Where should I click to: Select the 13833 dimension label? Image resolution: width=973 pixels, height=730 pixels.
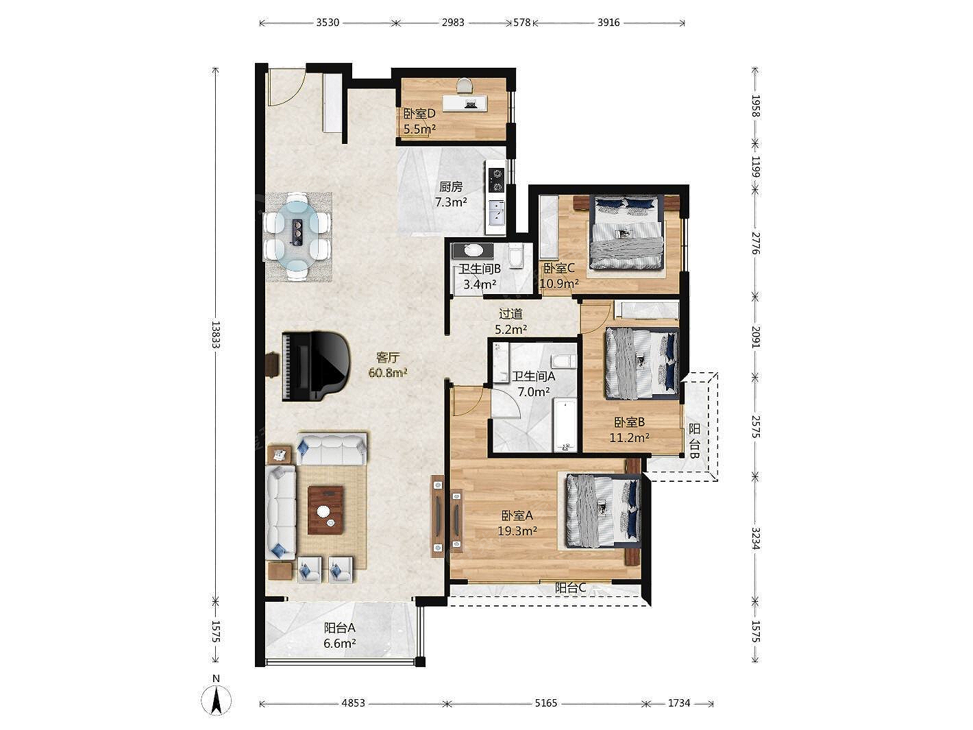point(215,334)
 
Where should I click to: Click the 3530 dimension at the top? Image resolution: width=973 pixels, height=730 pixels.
point(328,23)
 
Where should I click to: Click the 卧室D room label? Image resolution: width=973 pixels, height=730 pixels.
point(419,114)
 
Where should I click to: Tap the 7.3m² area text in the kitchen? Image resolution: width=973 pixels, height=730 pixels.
point(451,202)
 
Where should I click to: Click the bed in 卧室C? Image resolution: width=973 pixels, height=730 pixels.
point(626,232)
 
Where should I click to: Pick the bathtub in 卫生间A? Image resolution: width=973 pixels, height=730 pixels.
point(565,424)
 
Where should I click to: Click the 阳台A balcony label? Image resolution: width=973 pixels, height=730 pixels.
point(340,628)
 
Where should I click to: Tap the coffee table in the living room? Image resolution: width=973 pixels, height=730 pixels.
point(325,510)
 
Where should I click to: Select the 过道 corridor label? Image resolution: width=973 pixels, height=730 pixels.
point(510,314)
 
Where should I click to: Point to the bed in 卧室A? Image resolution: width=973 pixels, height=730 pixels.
point(603,511)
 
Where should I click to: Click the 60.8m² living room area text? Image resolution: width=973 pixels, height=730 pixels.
point(388,373)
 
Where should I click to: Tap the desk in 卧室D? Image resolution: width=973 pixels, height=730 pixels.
point(465,104)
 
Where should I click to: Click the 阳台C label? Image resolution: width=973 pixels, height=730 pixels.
point(571,587)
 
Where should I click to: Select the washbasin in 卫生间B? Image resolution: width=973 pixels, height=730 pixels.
point(473,251)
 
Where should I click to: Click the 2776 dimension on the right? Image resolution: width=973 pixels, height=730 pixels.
point(756,243)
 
